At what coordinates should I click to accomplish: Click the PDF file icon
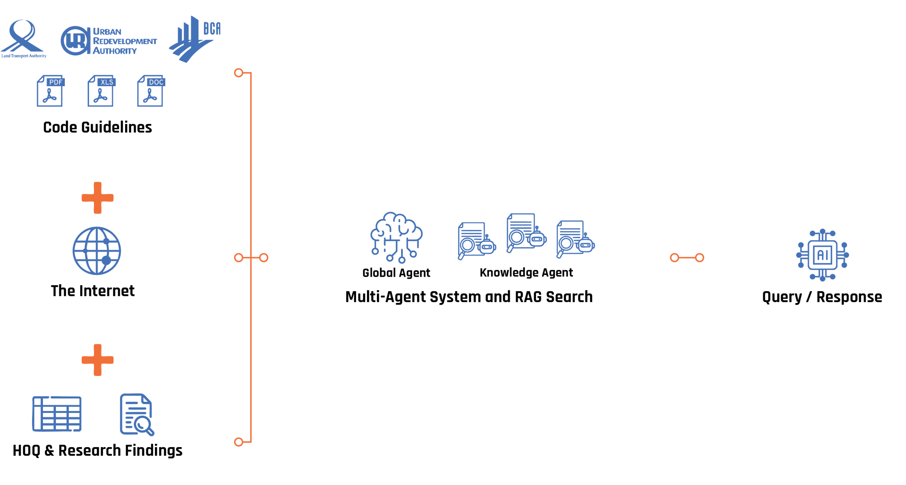point(50,91)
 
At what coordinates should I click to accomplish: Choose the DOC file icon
point(151,91)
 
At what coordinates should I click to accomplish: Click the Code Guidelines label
point(98,127)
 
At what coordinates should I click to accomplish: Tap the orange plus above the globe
point(98,198)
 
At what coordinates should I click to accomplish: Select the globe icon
point(97,251)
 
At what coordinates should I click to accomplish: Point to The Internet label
point(93,291)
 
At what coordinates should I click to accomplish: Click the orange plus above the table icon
point(98,360)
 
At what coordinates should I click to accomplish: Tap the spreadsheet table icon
point(57,414)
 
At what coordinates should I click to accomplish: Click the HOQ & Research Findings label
point(98,451)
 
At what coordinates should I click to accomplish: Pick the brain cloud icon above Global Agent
point(396,237)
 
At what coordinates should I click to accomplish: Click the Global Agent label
point(396,273)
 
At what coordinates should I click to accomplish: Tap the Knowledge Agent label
point(526,272)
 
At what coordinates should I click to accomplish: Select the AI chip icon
point(822,255)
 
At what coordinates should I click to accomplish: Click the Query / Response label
point(822,297)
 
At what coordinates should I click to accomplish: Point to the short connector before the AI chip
point(687,258)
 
